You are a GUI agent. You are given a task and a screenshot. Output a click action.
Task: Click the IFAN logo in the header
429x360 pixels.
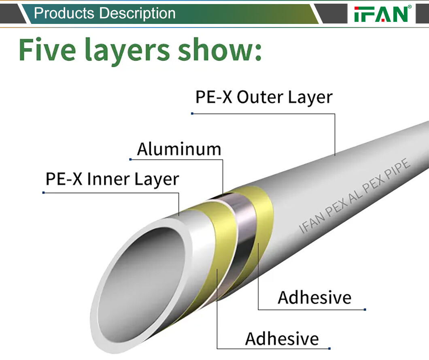[x=380, y=14]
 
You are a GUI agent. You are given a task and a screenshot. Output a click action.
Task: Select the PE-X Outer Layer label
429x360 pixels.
[x=264, y=98]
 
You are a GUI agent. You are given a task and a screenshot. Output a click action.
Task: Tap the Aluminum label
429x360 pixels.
[x=179, y=149]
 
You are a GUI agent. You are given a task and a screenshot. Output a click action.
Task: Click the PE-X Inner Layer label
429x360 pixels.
[x=112, y=179]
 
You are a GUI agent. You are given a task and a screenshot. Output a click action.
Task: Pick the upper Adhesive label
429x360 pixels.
[x=314, y=298]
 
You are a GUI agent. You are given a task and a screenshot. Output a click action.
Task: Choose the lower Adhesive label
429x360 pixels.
[x=282, y=339]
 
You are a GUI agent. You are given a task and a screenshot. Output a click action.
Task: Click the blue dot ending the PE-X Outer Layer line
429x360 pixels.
[x=192, y=113]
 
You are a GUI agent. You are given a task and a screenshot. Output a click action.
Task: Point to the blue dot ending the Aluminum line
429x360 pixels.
[x=130, y=159]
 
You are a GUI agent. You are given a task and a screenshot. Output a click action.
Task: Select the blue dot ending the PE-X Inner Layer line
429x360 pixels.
[x=43, y=192]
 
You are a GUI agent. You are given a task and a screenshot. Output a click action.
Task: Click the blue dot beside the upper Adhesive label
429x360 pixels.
[x=365, y=310]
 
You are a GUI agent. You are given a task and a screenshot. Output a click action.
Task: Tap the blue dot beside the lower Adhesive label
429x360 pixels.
[x=329, y=348]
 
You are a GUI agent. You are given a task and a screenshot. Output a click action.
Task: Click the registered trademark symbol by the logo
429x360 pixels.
[x=410, y=7]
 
